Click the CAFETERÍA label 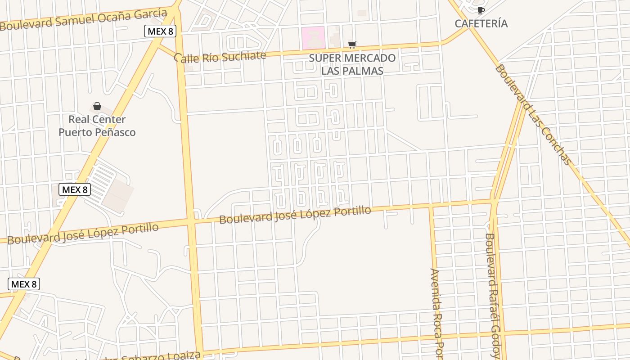point(481,23)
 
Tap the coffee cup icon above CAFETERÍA point(481,10)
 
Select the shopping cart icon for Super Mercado point(352,45)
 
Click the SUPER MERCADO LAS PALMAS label point(352,64)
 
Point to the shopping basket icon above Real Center point(97,106)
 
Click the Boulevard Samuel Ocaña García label point(84,18)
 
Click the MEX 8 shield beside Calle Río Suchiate point(160,31)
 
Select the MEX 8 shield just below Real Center point(75,189)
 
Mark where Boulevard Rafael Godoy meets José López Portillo point(494,202)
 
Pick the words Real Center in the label point(97,119)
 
